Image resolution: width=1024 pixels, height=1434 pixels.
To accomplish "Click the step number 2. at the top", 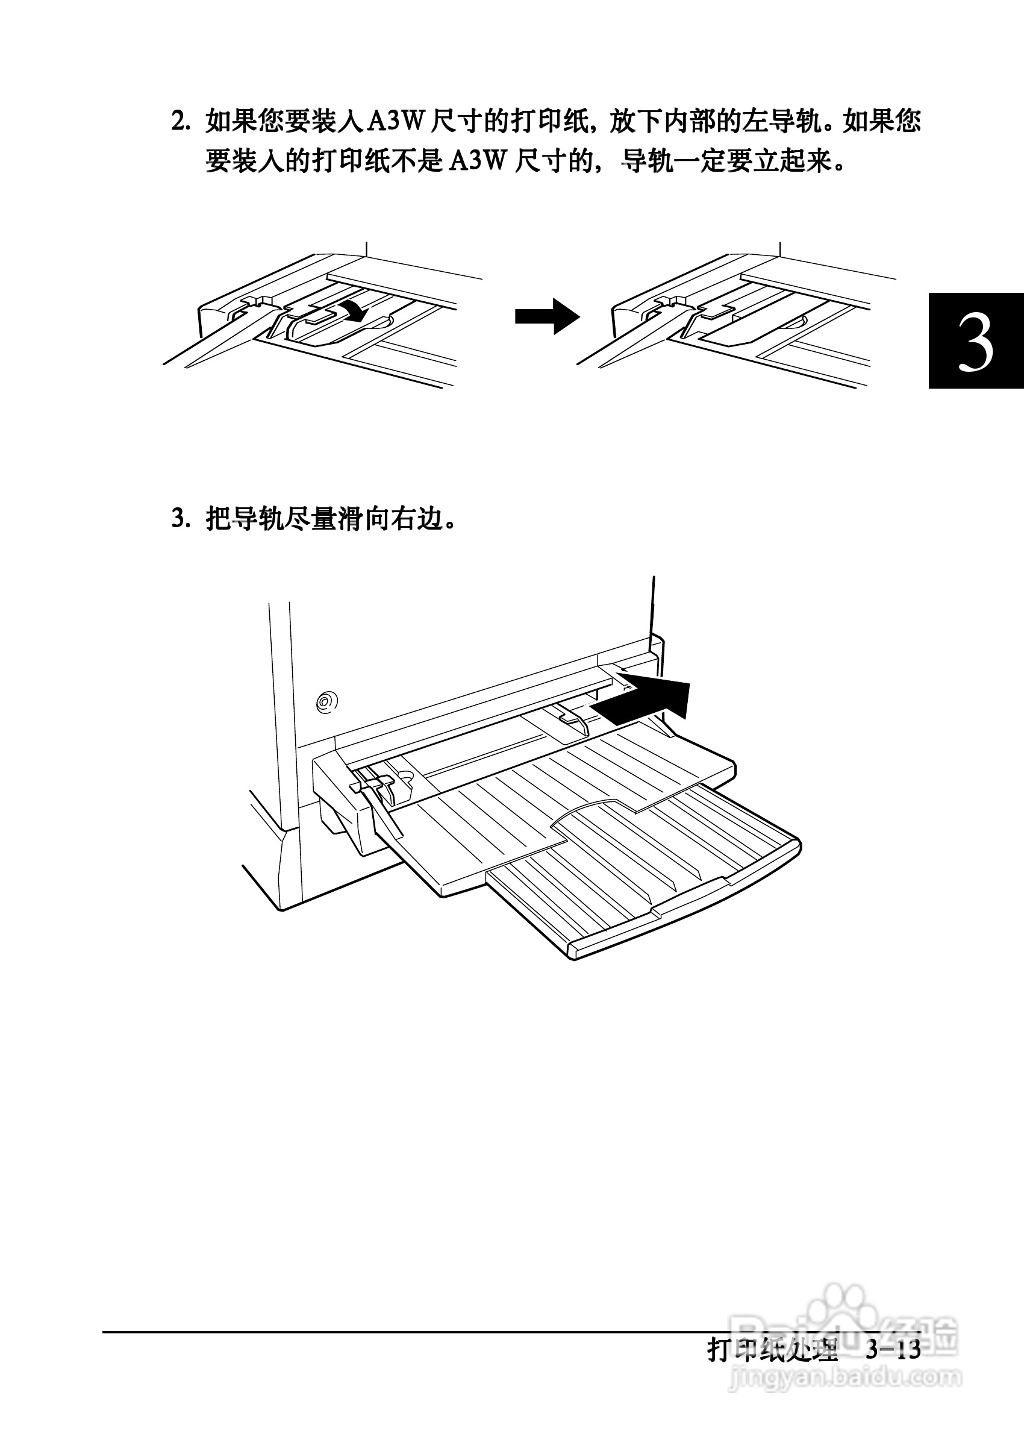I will pyautogui.click(x=181, y=121).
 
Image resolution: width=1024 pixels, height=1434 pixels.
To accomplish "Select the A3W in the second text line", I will pyautogui.click(x=479, y=161).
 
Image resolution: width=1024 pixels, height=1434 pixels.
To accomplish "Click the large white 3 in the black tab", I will pyautogui.click(x=975, y=342).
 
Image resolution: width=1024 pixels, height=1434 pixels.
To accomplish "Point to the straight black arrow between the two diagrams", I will pyautogui.click(x=547, y=316).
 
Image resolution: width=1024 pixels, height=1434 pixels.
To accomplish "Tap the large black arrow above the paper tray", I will pyautogui.click(x=646, y=701).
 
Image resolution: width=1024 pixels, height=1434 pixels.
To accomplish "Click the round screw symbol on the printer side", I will pyautogui.click(x=326, y=701).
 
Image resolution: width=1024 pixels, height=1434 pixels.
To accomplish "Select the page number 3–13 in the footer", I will pyautogui.click(x=893, y=1350).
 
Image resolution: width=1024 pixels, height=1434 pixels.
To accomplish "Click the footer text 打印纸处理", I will pyautogui.click(x=772, y=1350).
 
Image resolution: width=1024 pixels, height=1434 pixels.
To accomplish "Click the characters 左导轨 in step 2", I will pyautogui.click(x=781, y=121).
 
